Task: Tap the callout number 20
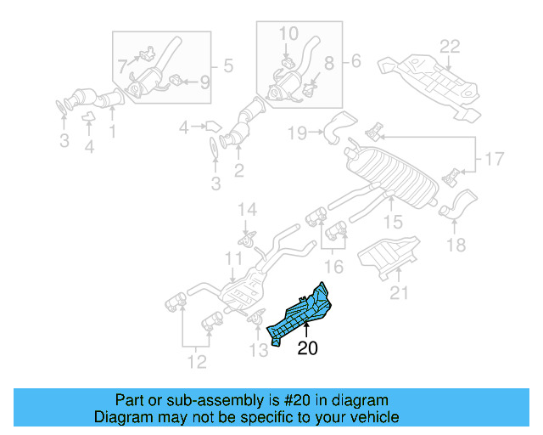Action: click(x=307, y=347)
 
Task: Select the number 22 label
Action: click(x=449, y=45)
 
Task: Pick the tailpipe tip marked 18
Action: click(x=459, y=206)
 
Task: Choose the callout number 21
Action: click(x=399, y=294)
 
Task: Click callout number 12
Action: click(x=196, y=364)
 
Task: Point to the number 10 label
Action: click(x=288, y=33)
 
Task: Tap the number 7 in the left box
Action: click(x=122, y=65)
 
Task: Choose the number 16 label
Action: click(x=334, y=268)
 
